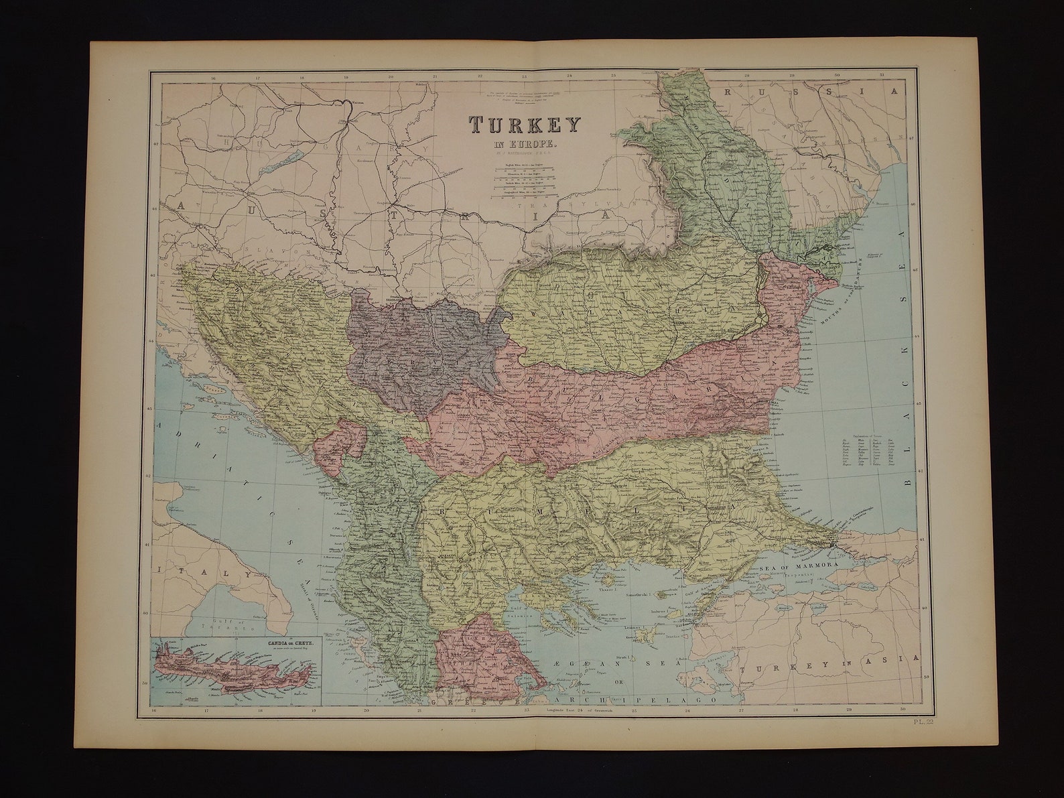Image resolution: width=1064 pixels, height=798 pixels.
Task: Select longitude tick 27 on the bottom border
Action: [x=740, y=709]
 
